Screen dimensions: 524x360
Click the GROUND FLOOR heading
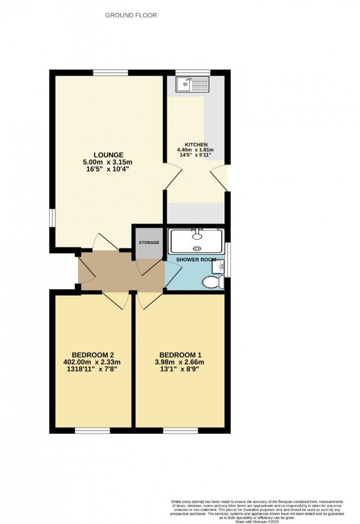[x=131, y=16]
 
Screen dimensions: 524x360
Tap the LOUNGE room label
[x=108, y=155]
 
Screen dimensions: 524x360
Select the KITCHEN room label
[x=196, y=145]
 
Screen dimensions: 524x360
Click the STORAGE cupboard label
[x=149, y=243]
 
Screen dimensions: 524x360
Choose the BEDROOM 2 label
[x=92, y=355]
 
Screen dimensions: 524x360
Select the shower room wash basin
[x=218, y=267]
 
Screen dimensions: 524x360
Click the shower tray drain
[x=196, y=248]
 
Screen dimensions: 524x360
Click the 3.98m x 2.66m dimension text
[x=181, y=362]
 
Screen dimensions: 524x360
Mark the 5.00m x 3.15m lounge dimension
[x=108, y=162]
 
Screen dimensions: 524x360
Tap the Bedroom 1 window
[x=181, y=431]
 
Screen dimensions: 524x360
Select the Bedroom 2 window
[x=92, y=431]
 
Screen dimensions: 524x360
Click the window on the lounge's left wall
[x=52, y=217]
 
